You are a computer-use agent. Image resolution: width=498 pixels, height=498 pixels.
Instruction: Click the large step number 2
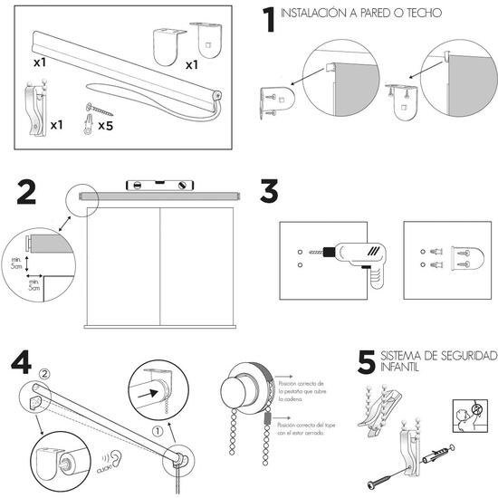(27, 193)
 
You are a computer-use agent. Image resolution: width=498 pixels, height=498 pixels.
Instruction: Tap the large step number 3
(269, 193)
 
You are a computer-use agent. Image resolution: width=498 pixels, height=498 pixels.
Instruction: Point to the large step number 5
(366, 362)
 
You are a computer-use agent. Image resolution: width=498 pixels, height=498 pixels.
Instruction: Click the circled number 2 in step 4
(45, 373)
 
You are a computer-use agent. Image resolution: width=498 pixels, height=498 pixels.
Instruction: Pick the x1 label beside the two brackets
(192, 65)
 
